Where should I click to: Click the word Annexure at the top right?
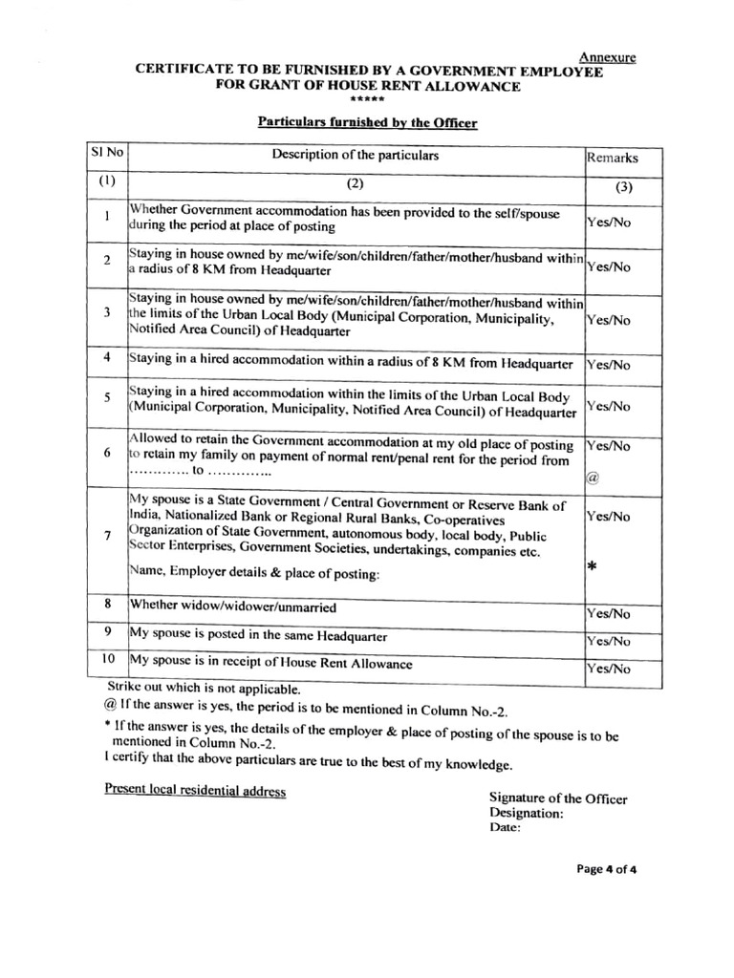[609, 57]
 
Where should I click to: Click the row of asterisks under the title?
[368, 100]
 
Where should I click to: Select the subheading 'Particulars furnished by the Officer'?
[367, 122]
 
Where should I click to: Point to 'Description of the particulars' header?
[356, 155]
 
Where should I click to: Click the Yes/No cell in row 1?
[609, 221]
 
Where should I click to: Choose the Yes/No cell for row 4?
[609, 364]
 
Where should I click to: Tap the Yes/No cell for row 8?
[609, 613]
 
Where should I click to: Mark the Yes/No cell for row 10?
[609, 670]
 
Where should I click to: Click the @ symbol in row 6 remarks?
[592, 479]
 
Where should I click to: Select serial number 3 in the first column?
[108, 312]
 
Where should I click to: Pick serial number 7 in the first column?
[108, 535]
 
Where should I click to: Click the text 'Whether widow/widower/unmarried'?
[233, 606]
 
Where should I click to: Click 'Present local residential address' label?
[195, 791]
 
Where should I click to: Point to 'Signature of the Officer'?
[558, 798]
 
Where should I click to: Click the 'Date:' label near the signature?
[505, 829]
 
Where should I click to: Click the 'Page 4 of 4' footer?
[606, 869]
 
